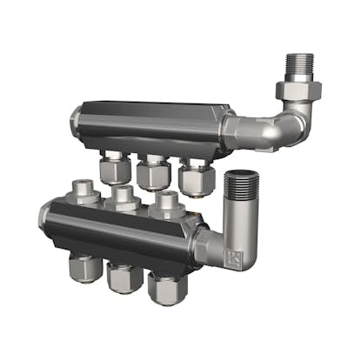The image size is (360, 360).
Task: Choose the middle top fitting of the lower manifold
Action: coord(124,197)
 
